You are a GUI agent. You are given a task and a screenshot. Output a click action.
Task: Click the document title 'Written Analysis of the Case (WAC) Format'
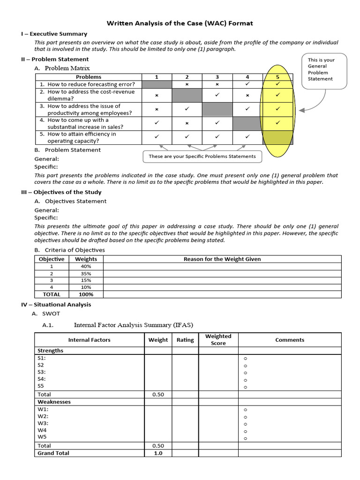pyautogui.click(x=180, y=23)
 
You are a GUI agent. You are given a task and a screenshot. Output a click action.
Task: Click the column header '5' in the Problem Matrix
pyautogui.click(x=277, y=77)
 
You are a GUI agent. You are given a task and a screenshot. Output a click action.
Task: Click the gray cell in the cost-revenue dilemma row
pyautogui.click(x=187, y=95)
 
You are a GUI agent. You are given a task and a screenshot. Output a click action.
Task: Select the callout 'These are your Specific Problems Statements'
pyautogui.click(x=202, y=156)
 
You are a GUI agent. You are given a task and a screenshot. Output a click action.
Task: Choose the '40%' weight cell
pyautogui.click(x=86, y=266)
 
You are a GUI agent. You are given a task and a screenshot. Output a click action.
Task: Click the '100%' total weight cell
pyautogui.click(x=86, y=294)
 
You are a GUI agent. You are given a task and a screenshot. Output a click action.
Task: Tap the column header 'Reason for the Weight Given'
pyautogui.click(x=222, y=259)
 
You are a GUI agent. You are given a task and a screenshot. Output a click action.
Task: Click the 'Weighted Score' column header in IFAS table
pyautogui.click(x=218, y=340)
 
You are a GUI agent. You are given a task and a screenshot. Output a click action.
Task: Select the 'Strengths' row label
pyautogui.click(x=50, y=351)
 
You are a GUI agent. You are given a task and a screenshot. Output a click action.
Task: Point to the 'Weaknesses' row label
pyautogui.click(x=54, y=402)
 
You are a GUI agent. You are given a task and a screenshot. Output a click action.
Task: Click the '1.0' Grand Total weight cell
pyautogui.click(x=157, y=453)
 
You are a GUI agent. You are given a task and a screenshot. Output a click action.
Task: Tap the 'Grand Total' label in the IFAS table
pyautogui.click(x=53, y=453)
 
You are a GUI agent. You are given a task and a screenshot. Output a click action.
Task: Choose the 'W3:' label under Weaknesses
pyautogui.click(x=43, y=423)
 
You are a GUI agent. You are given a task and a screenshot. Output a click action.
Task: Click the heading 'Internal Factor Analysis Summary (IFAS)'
pyautogui.click(x=133, y=325)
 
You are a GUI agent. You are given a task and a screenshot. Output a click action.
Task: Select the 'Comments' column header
pyautogui.click(x=289, y=340)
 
